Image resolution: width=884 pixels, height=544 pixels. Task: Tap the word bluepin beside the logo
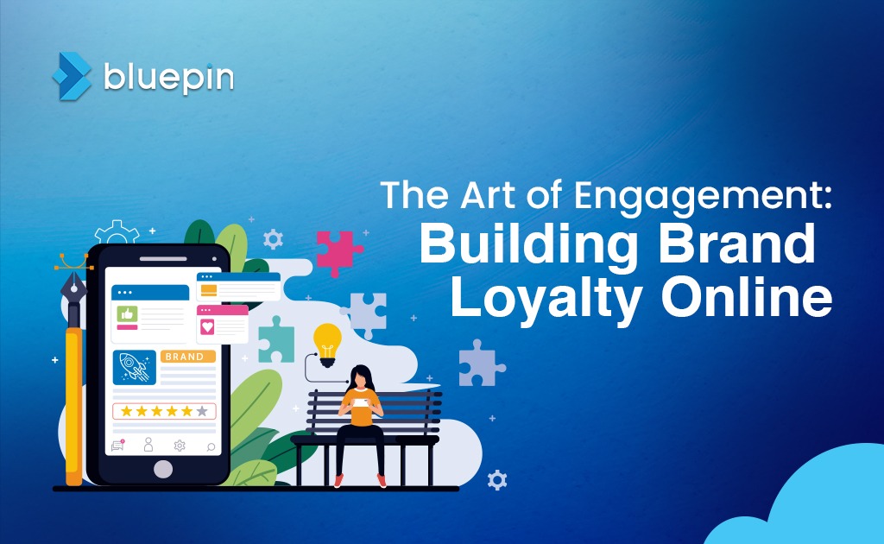coord(168,77)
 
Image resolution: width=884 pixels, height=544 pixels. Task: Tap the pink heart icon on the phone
coord(207,326)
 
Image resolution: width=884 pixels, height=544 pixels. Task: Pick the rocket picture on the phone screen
coord(135,366)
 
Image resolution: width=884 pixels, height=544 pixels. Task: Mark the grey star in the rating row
coord(202,411)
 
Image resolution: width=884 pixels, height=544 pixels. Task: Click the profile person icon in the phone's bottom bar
coord(148,445)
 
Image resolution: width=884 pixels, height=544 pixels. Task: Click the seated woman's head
coord(361,377)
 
